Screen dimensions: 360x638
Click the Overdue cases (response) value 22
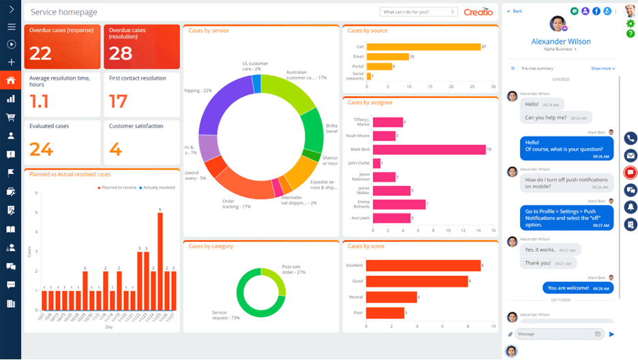coord(41,54)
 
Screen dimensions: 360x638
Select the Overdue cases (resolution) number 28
coord(121,54)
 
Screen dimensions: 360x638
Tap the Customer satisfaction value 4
coord(115,149)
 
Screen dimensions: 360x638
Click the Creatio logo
coord(478,12)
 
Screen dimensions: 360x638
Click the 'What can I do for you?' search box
coord(417,12)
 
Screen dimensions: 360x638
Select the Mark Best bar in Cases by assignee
coord(426,149)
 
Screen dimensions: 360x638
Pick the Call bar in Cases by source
coord(423,47)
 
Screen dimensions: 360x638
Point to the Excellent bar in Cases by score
coord(423,265)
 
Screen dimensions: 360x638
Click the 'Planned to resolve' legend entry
coord(119,187)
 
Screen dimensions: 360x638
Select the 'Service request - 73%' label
coord(226,316)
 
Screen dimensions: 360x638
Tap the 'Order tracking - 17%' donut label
coord(237,203)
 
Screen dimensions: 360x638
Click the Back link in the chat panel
coord(515,12)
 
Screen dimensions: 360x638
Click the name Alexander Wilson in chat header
coord(560,42)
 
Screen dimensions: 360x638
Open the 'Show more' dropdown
coord(603,69)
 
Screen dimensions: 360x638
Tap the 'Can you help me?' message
coord(545,117)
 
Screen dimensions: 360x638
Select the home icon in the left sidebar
coord(10,80)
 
